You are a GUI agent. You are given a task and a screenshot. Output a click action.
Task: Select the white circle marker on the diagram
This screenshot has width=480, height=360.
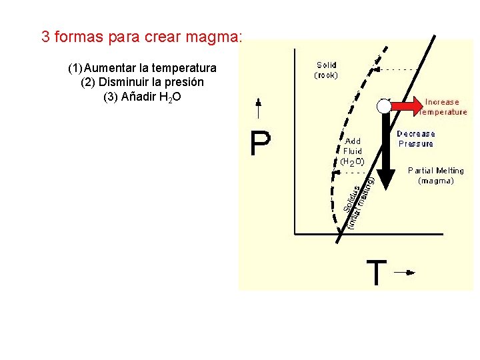point(383,106)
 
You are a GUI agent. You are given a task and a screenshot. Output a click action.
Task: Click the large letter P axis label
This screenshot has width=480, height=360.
point(261,143)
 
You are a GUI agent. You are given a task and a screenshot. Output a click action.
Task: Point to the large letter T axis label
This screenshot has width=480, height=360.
point(377,272)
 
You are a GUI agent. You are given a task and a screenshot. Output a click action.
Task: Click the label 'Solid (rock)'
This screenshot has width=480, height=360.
point(326,70)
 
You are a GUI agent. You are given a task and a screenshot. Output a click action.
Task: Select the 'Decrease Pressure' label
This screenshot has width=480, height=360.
point(416,139)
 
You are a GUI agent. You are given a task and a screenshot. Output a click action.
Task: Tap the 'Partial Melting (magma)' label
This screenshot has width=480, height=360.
point(435,175)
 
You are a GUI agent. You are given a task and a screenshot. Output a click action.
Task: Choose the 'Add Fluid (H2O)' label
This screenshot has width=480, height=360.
point(352,151)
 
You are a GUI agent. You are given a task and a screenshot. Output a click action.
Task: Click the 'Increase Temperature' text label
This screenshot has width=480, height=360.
point(443,107)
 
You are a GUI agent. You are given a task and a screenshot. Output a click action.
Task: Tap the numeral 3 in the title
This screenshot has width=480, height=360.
point(45,37)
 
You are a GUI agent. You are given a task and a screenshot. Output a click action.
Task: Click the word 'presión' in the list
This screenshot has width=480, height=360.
point(185,82)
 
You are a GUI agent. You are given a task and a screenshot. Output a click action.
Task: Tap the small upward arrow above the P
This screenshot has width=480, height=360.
point(259,109)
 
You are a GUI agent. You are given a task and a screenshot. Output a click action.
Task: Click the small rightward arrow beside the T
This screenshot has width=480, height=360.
point(404,272)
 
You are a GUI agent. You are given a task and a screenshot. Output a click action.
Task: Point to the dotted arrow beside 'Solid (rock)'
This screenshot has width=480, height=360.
point(393,69)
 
